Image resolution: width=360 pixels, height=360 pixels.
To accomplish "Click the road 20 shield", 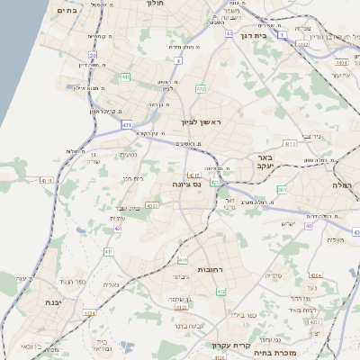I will tap(93, 55).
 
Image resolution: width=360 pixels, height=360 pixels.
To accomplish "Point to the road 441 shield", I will tap(125, 77).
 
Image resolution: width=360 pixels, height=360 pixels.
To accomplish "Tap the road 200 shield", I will tap(282, 190).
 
